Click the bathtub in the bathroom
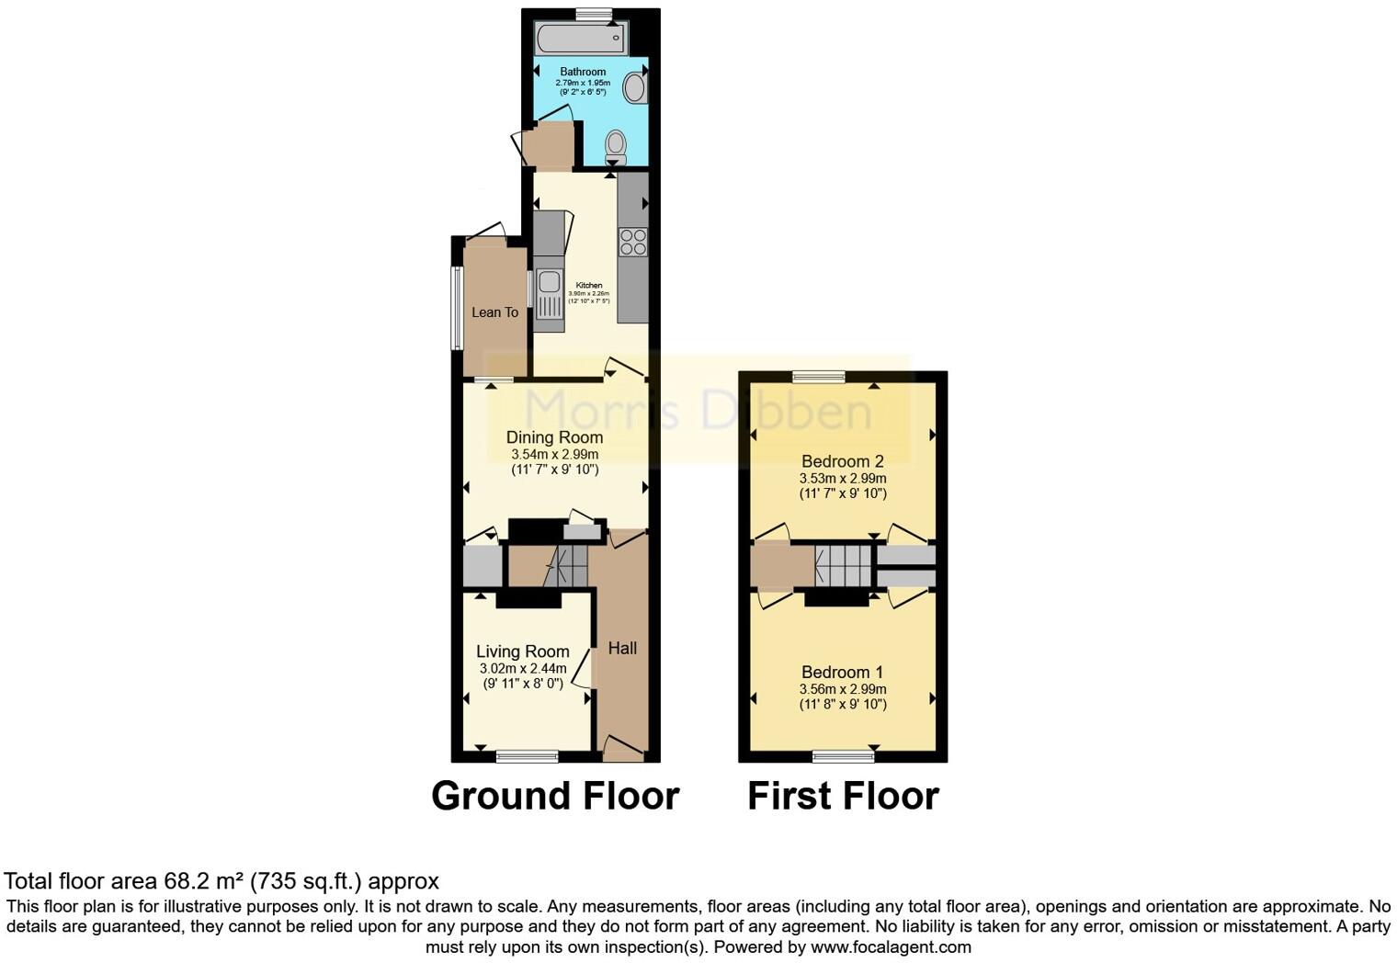pyautogui.click(x=581, y=40)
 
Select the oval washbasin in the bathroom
pyautogui.click(x=634, y=88)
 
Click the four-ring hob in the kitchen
pyautogui.click(x=632, y=242)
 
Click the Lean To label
pyautogui.click(x=494, y=312)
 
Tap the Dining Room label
pyautogui.click(x=554, y=437)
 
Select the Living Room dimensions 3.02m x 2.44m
pyautogui.click(x=522, y=669)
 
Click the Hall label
pyautogui.click(x=622, y=648)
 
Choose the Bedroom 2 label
pyautogui.click(x=842, y=461)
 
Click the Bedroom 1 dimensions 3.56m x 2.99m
pyautogui.click(x=842, y=689)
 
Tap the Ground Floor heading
pyautogui.click(x=555, y=796)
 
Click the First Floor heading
pyautogui.click(x=843, y=796)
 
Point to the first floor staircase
pyautogui.click(x=843, y=564)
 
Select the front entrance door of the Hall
pyautogui.click(x=622, y=749)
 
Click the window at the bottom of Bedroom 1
pyautogui.click(x=843, y=756)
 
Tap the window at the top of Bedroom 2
pyautogui.click(x=819, y=376)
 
